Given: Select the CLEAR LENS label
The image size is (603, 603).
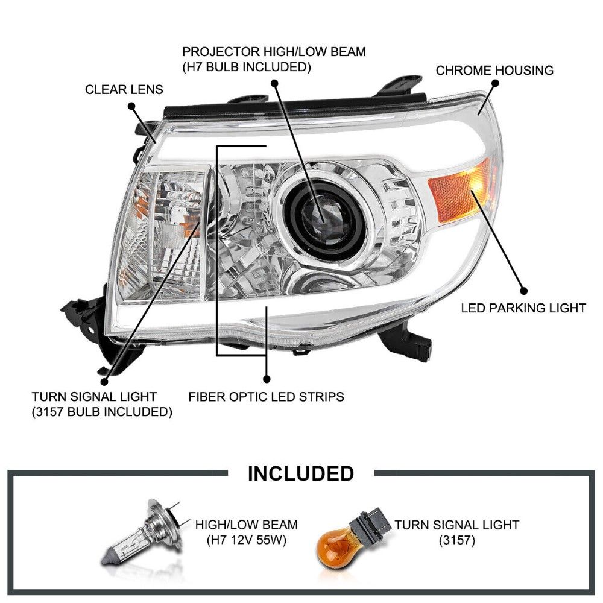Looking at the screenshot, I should [124, 90].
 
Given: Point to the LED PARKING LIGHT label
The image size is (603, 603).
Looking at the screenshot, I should [523, 308].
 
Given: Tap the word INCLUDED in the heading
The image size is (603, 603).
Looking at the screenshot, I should [301, 473].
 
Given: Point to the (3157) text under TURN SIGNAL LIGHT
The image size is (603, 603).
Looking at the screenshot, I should [456, 540].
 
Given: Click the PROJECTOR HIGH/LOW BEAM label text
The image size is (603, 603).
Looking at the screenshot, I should [274, 52].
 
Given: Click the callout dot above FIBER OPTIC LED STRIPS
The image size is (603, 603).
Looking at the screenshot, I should [267, 379].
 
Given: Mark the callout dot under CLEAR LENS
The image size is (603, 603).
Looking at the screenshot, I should [131, 106].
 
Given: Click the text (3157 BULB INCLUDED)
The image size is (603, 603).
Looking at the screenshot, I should [102, 412].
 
